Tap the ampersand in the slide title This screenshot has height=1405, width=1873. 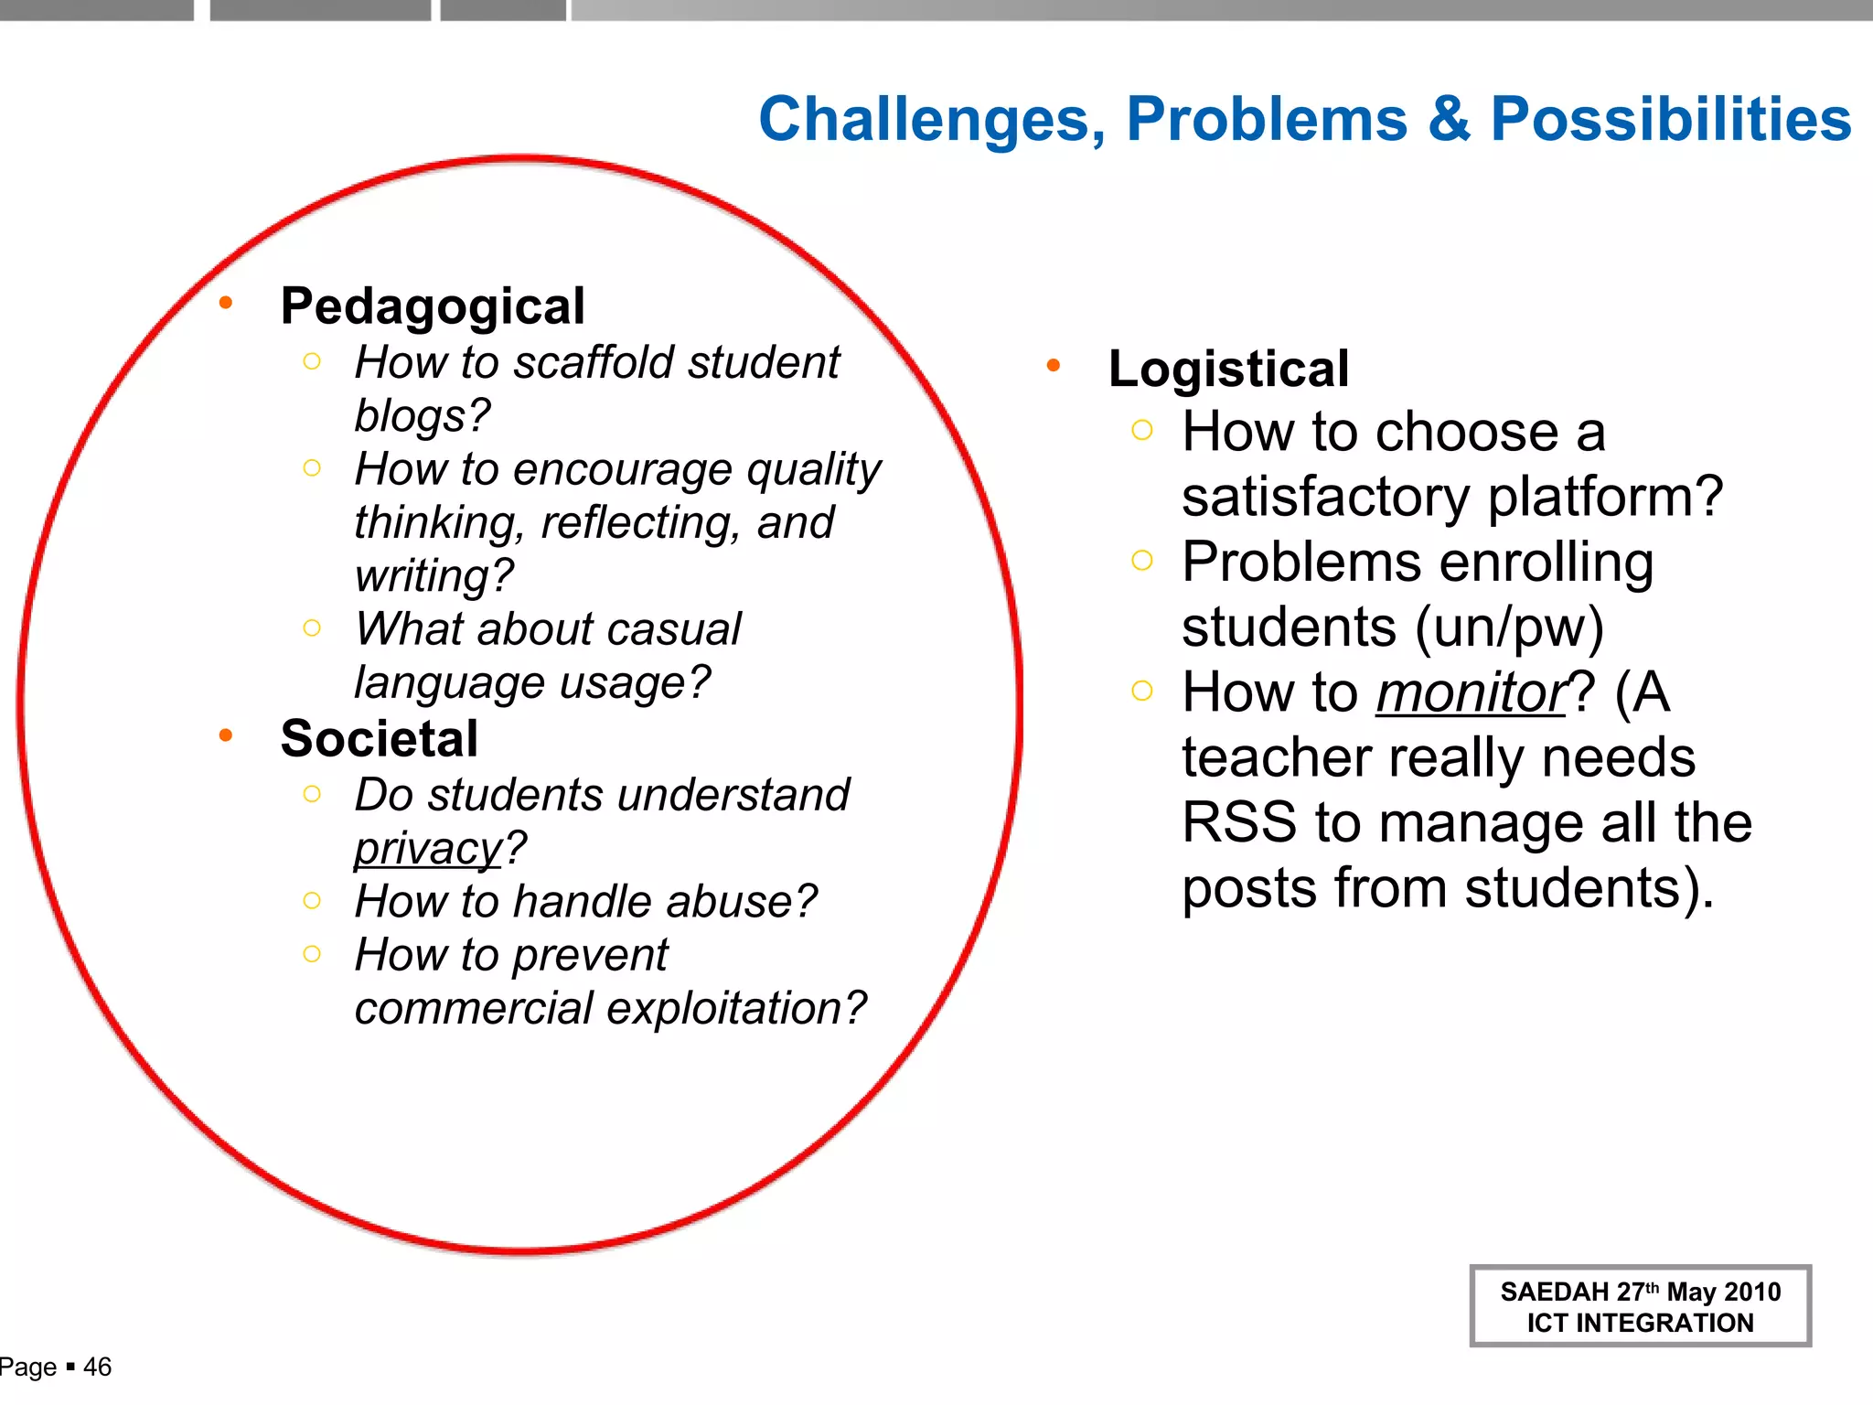coord(1449,119)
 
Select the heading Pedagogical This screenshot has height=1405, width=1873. coord(433,306)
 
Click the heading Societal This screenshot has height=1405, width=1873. coord(380,738)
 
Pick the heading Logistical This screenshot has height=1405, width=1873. coord(1228,369)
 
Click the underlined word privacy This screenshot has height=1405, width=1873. coord(428,848)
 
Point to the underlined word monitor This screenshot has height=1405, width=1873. coord(1472,692)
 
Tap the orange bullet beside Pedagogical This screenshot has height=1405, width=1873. coord(226,303)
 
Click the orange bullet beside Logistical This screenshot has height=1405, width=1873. coord(1054,366)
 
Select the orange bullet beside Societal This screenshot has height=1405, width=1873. coord(226,735)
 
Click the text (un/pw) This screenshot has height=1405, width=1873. coord(1509,627)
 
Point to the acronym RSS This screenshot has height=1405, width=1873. coord(1238,822)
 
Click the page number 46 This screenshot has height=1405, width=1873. coord(97,1367)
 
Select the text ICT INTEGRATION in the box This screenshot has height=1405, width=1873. coord(1640,1323)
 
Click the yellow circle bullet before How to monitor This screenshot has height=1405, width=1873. coord(1141,691)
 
